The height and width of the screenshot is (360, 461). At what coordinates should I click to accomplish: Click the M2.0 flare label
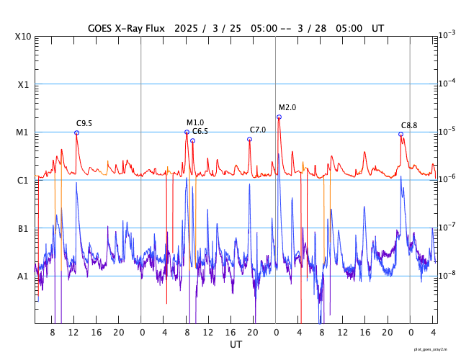287,107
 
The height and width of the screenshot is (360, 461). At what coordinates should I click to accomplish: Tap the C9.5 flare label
85,123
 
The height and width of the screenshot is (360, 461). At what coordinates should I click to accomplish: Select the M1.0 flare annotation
195,122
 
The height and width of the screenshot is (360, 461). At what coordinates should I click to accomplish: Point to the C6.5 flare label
200,131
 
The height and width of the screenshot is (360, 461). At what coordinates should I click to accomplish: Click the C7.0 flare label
258,130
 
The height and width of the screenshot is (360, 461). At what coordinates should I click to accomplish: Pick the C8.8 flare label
409,125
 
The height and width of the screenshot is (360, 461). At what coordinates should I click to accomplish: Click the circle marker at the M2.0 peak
279,117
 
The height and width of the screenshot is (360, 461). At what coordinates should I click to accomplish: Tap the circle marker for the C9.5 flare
76,132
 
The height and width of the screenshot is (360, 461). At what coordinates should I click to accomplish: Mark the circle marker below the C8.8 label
401,134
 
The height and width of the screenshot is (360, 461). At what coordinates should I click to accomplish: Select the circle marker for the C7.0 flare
250,139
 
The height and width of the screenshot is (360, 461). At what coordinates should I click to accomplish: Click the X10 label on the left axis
23,37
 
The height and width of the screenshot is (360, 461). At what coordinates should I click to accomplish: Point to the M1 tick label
23,132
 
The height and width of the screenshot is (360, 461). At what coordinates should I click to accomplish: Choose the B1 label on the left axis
23,229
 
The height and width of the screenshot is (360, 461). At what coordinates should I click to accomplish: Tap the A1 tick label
23,276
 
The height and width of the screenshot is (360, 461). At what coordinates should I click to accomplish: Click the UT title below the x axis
236,345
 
